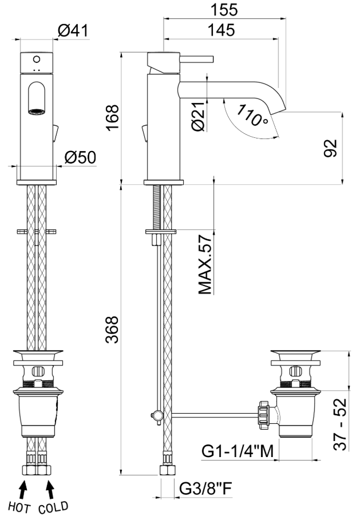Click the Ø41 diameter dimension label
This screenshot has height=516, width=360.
tap(73, 31)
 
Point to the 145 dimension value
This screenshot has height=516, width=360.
tap(221, 30)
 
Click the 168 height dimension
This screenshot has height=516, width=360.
tap(112, 117)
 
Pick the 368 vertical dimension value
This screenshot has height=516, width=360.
tap(112, 330)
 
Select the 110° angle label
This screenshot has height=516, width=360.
tap(252, 115)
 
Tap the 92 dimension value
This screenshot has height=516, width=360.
tap(331, 148)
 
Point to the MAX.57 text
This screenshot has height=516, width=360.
tap(205, 264)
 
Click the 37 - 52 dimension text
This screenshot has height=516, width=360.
tap(339, 424)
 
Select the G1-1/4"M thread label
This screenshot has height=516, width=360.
tap(238, 451)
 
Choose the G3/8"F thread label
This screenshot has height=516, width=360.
tap(206, 489)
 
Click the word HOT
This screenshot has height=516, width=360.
tap(20, 507)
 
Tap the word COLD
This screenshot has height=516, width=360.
tap(53, 507)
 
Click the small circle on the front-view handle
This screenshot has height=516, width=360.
tap(37, 59)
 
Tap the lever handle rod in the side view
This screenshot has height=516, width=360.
tap(197, 59)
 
